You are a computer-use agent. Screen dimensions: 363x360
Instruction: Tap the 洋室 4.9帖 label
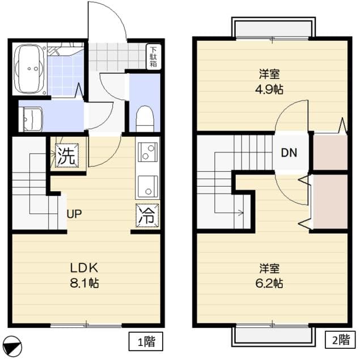[x=272, y=81]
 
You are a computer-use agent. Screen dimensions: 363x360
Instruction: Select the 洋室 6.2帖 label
[x=272, y=275]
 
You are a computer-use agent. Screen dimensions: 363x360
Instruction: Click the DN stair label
[x=289, y=152]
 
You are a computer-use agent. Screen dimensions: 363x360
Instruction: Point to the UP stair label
[x=74, y=214]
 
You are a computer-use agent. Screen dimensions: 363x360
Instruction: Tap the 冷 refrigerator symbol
[x=147, y=215]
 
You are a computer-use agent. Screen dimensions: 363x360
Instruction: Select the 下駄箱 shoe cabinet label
[x=154, y=57]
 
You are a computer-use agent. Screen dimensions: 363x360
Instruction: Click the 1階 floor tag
[x=146, y=341]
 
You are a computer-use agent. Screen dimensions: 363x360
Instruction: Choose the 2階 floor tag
[x=341, y=341]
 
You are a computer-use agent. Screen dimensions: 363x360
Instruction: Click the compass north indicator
[x=12, y=345]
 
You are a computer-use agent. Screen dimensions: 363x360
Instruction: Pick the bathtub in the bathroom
[x=28, y=69]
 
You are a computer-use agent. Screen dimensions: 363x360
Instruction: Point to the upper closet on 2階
[x=330, y=151]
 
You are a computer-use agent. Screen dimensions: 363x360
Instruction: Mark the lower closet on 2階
[x=330, y=201]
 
